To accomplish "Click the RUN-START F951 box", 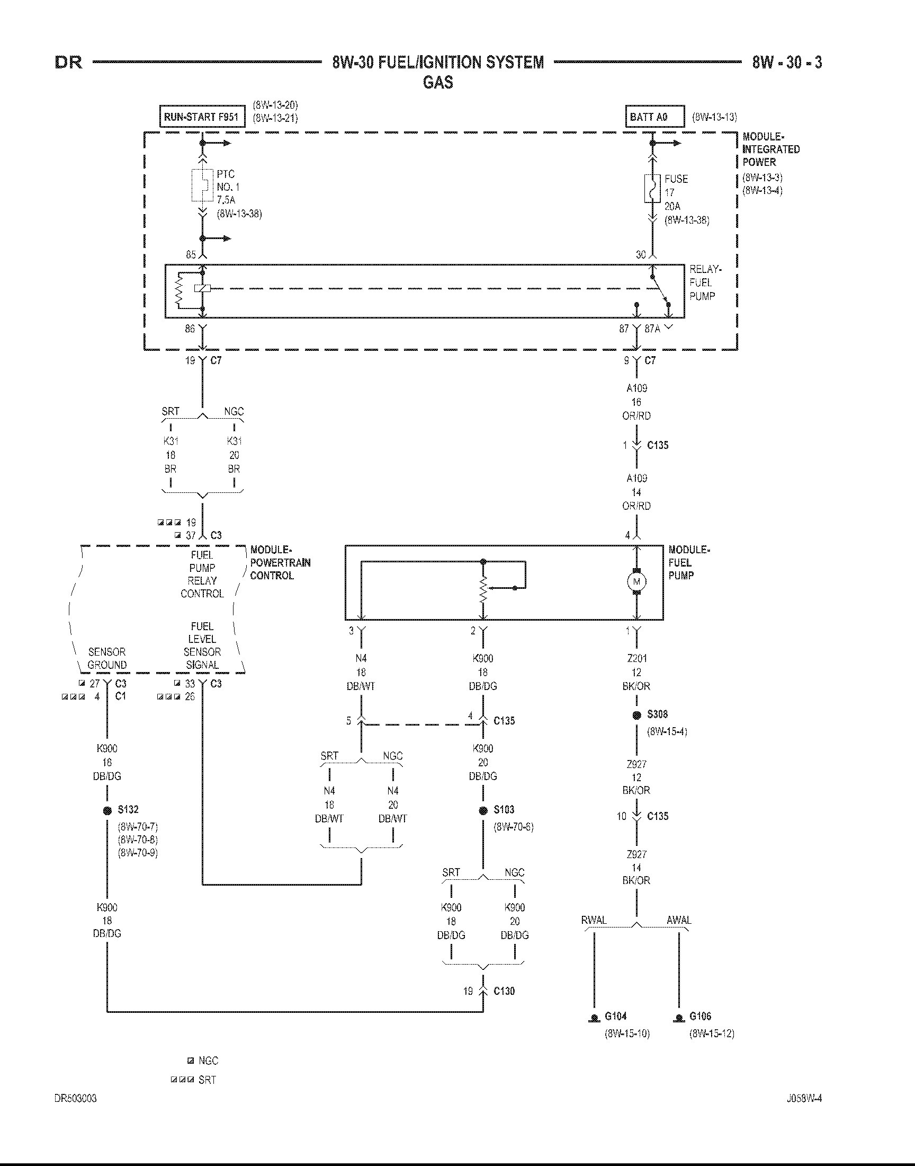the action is click(x=202, y=116).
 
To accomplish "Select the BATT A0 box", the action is click(x=654, y=116).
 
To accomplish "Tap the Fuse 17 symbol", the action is click(x=652, y=188).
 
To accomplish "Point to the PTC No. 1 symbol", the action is click(x=202, y=185).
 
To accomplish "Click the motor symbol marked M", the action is click(x=637, y=581).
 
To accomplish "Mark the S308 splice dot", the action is click(x=637, y=714).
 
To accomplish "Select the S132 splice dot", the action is click(x=107, y=810).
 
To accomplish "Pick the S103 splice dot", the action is click(x=483, y=810).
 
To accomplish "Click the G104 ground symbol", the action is click(x=594, y=1018).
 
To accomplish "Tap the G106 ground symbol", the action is click(x=679, y=1018).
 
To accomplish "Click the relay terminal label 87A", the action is click(x=652, y=329).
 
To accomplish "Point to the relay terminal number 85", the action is click(x=191, y=254).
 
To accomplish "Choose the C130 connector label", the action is click(x=504, y=991).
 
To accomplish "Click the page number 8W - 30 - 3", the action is click(x=786, y=63).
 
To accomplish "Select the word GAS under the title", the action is click(x=438, y=83).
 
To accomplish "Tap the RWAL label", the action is click(x=594, y=920).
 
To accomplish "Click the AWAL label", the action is click(x=679, y=920).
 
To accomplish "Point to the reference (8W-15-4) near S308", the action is click(x=667, y=731).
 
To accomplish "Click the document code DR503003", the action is click(x=76, y=1099).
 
